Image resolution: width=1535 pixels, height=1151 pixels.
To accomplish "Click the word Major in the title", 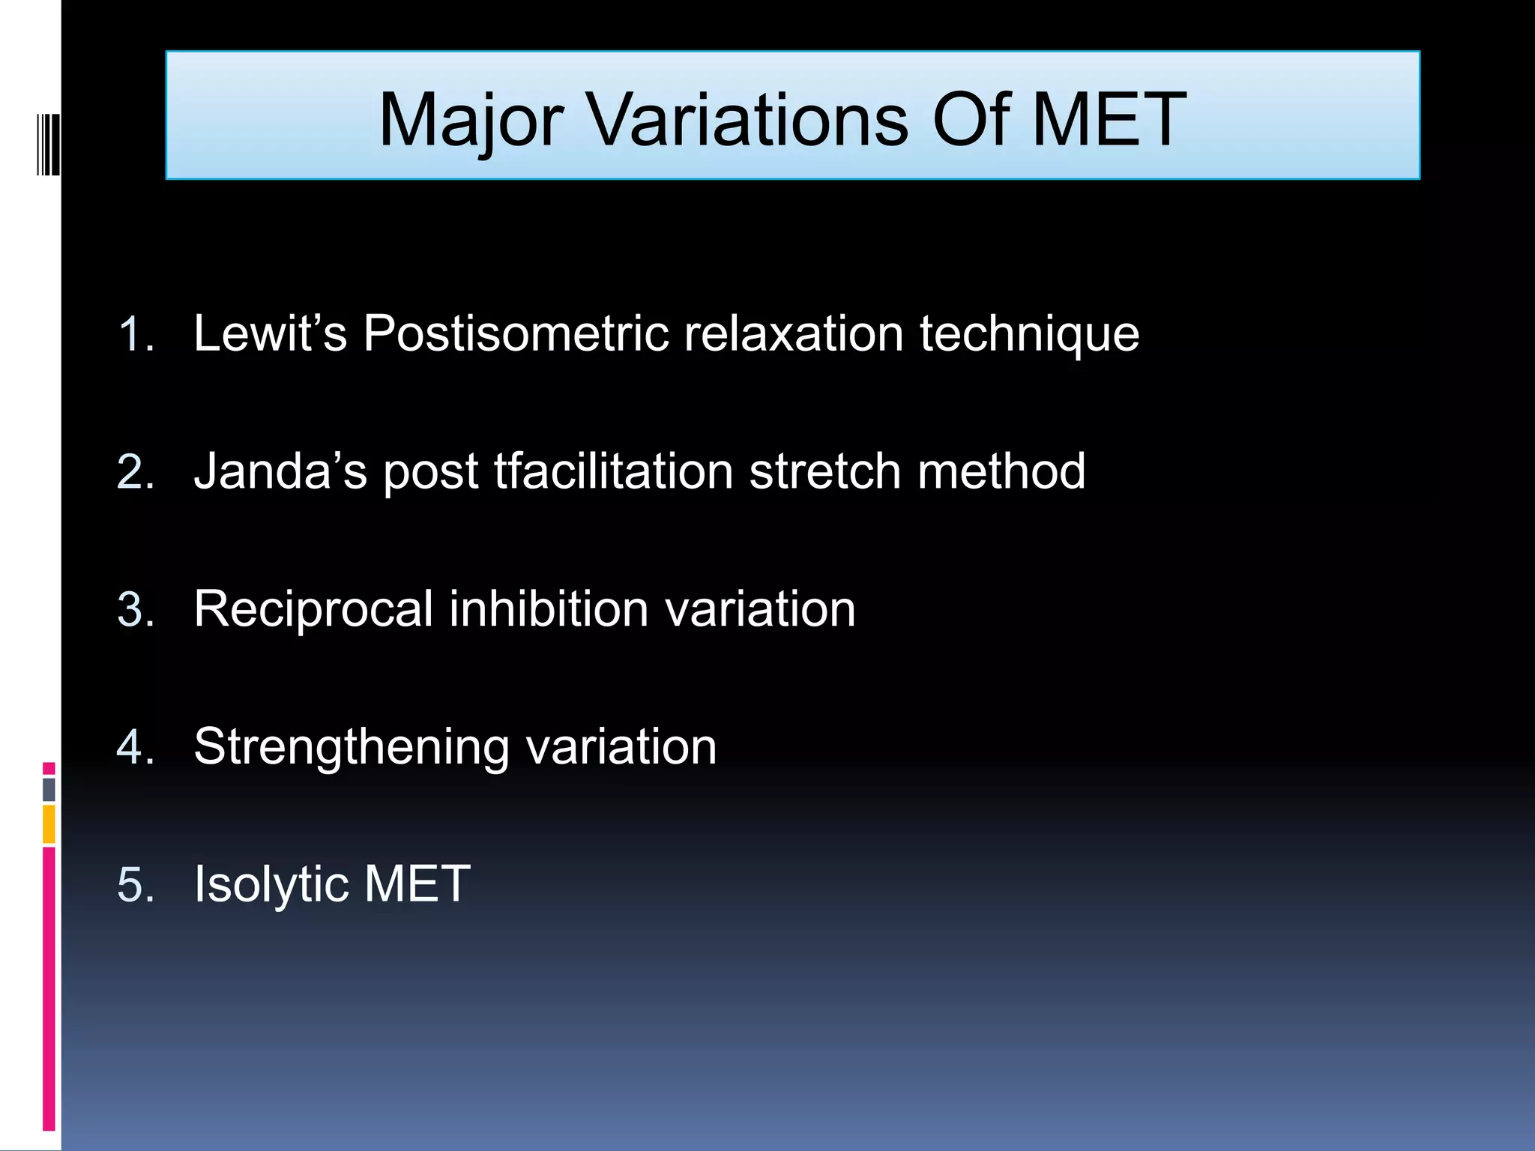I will pyautogui.click(x=471, y=120).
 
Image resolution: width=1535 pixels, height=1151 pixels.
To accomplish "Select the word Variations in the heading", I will pyautogui.click(x=747, y=120).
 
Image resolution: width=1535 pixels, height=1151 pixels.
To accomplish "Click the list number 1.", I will pyautogui.click(x=135, y=334).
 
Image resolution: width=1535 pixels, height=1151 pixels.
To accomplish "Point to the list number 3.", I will pyautogui.click(x=135, y=610).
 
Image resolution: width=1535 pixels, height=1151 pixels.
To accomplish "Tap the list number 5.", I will pyautogui.click(x=135, y=885).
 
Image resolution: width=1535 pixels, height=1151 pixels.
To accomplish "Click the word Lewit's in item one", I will pyautogui.click(x=270, y=333).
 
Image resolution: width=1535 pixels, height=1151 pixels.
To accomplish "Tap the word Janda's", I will pyautogui.click(x=280, y=471).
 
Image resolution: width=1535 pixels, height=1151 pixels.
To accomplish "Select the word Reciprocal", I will pyautogui.click(x=313, y=609).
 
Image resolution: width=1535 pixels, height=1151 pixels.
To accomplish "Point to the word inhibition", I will pyautogui.click(x=549, y=608).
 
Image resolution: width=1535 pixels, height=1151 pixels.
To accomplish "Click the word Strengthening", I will pyautogui.click(x=351, y=748).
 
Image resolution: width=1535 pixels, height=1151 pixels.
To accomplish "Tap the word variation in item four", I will pyautogui.click(x=621, y=746).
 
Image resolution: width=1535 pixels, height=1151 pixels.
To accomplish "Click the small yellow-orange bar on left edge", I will pyautogui.click(x=49, y=824).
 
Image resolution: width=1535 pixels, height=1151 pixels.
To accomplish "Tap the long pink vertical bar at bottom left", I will pyautogui.click(x=49, y=988).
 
